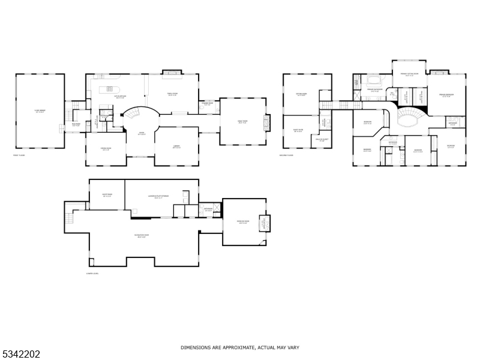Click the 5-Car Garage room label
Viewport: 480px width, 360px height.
tap(39, 112)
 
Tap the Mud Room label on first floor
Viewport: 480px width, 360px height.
tap(76, 125)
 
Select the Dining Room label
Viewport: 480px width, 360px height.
tap(106, 149)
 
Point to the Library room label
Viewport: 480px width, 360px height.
tap(177, 146)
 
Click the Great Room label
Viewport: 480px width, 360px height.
tap(242, 122)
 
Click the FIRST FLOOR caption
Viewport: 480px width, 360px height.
tap(19, 155)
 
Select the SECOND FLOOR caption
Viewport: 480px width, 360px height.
tap(287, 155)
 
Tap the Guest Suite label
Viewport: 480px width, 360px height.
tap(298, 131)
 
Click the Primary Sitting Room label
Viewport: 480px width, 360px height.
tap(410, 76)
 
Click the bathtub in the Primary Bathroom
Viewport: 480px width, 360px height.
tap(374, 80)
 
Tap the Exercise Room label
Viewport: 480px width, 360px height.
tap(243, 222)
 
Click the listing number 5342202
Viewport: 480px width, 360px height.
tap(21, 355)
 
